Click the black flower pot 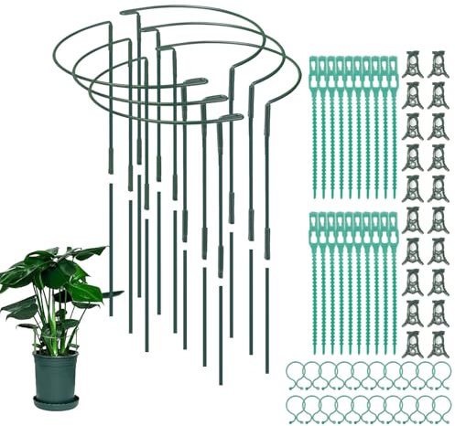56,374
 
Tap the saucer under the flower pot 56,403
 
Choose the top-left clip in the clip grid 413,61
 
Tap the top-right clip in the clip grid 437,61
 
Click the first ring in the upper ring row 294,371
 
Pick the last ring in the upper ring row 437,371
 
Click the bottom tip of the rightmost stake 267,371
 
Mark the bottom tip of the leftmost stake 112,314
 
